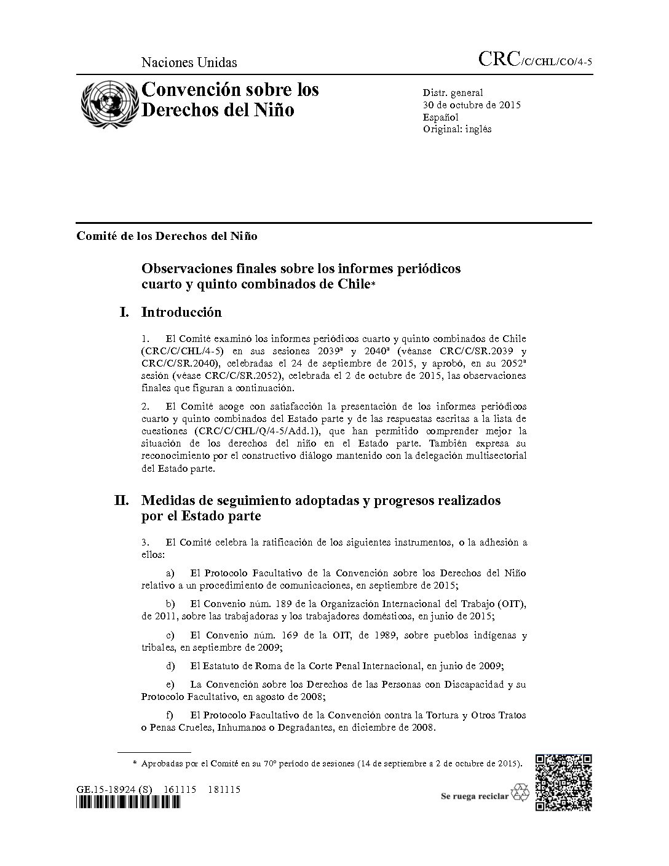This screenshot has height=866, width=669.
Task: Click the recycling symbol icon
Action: tap(520, 792)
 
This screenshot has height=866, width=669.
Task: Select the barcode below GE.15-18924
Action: tap(128, 803)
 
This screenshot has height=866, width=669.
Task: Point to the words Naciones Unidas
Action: tap(189, 62)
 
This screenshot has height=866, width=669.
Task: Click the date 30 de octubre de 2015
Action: tap(471, 105)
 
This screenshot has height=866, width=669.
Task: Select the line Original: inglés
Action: tap(457, 129)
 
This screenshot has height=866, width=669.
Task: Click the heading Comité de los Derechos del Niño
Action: tap(167, 236)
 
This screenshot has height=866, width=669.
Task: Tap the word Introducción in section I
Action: tap(181, 312)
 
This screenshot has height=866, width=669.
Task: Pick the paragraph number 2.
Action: tap(145, 407)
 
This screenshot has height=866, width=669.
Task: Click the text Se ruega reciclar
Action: tap(475, 796)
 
